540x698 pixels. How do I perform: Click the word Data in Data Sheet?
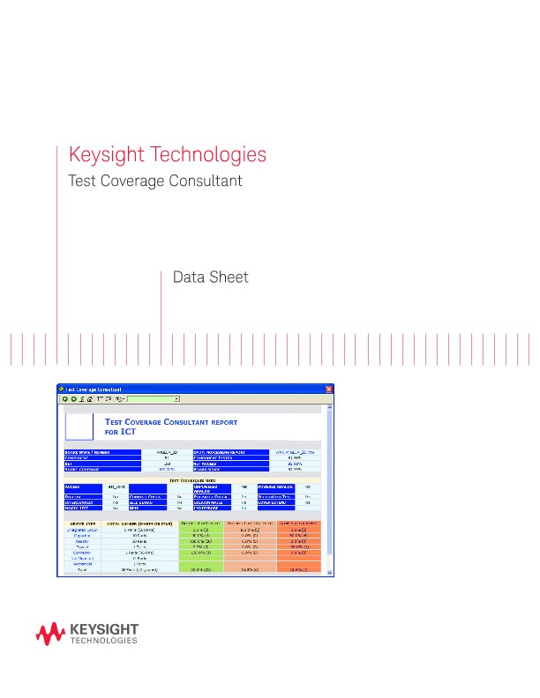pos(188,278)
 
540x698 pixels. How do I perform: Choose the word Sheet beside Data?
pos(229,278)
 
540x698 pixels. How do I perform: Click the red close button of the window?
pos(329,389)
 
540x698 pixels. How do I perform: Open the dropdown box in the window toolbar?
pos(154,399)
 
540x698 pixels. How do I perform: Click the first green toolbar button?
pos(65,399)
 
